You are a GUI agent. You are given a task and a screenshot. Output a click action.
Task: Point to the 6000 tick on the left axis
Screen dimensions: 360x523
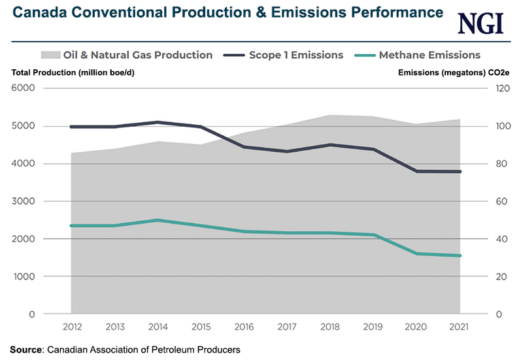[23, 88]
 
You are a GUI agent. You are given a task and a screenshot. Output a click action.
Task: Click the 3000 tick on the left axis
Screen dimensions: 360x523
[23, 201]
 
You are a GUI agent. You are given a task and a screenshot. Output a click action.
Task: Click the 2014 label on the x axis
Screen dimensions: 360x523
[158, 326]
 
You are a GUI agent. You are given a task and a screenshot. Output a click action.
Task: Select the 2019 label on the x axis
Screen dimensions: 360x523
[374, 326]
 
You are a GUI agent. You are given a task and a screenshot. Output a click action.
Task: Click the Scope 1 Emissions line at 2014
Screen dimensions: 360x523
[158, 122]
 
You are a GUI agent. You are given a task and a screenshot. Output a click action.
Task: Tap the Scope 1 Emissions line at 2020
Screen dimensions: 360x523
[417, 171]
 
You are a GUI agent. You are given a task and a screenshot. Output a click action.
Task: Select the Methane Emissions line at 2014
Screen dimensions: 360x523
[158, 220]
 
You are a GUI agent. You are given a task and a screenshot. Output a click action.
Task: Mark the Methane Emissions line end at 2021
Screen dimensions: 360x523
[460, 255]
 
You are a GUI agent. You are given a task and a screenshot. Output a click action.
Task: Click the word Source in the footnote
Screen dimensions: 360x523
[25, 350]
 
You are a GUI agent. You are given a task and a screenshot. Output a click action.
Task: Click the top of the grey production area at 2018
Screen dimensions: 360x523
[331, 116]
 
